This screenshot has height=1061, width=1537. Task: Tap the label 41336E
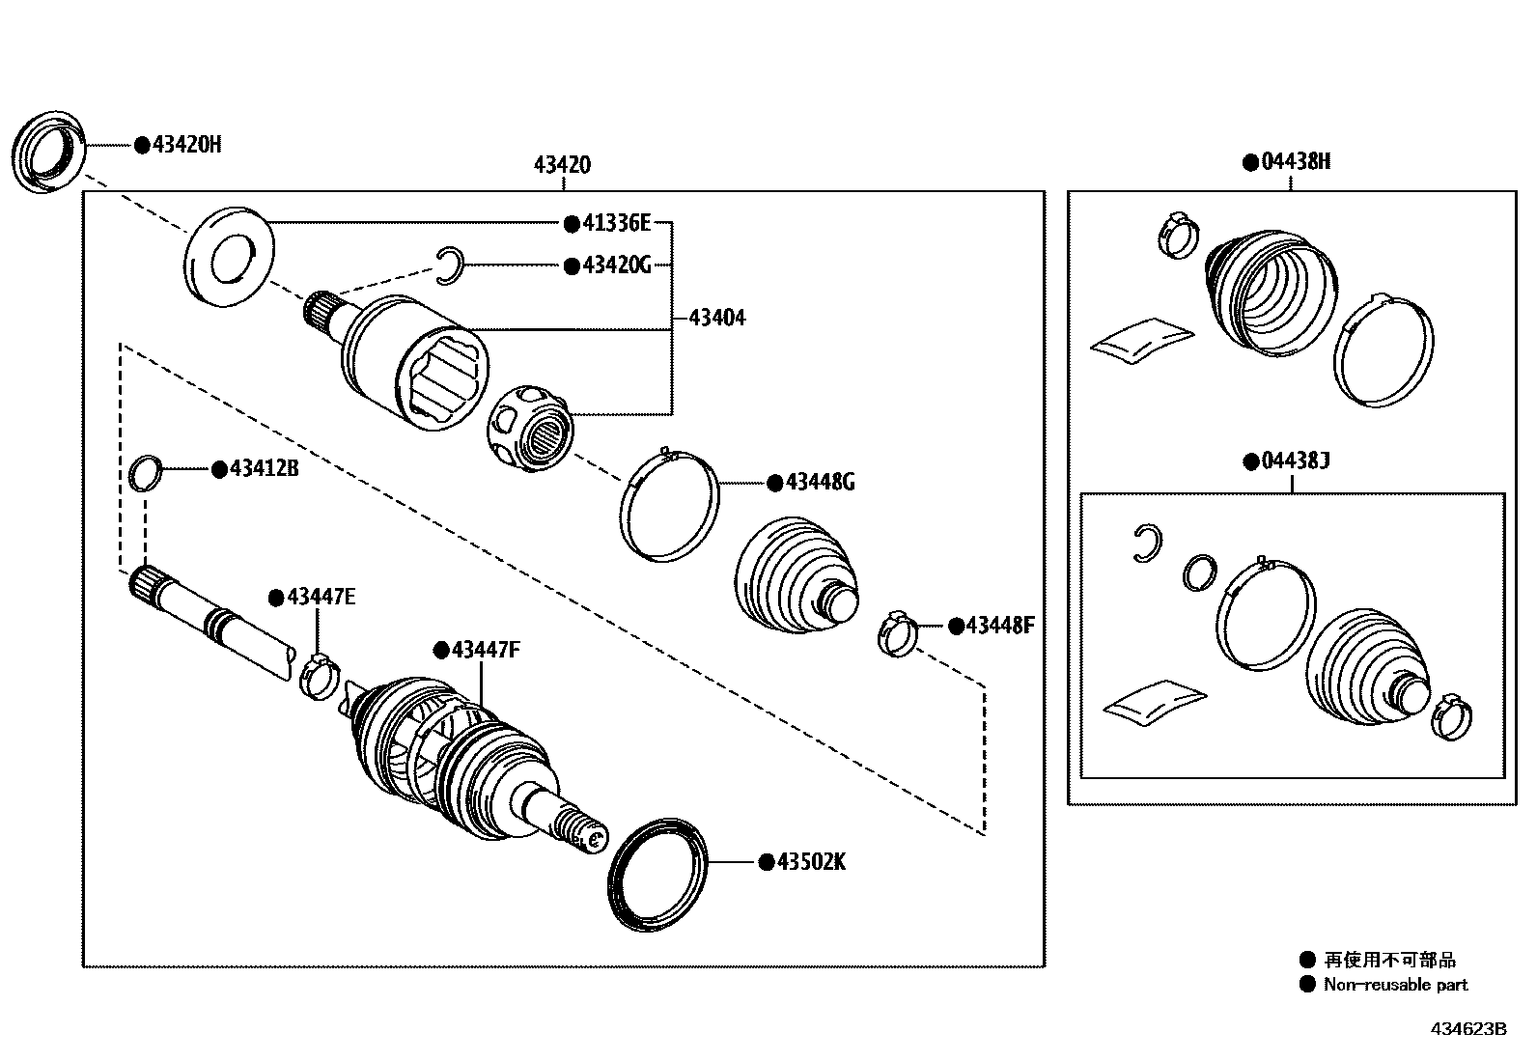click(x=616, y=224)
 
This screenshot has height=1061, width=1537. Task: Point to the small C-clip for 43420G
click(x=449, y=266)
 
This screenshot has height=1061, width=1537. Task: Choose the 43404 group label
click(x=717, y=318)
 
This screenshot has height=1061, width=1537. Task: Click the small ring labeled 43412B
click(x=144, y=473)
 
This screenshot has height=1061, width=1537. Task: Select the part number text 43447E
click(x=321, y=598)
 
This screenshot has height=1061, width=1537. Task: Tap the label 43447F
click(x=486, y=650)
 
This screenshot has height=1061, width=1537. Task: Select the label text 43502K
click(x=811, y=862)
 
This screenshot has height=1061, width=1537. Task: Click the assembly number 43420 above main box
click(x=562, y=165)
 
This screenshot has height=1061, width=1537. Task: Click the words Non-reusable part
click(x=1395, y=985)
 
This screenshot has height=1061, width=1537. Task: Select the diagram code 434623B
click(x=1468, y=1029)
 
